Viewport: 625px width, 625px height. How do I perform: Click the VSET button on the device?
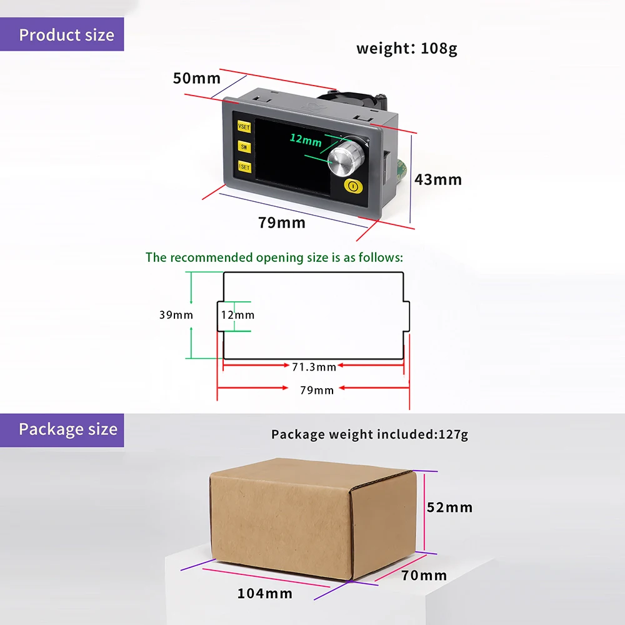point(243,127)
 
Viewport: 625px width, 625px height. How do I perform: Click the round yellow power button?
point(353,186)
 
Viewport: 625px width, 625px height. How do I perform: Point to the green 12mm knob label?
point(305,141)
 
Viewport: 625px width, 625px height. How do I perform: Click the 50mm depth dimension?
point(197,78)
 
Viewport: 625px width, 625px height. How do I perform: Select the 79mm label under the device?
point(282,222)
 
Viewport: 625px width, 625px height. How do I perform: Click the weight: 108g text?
point(407,48)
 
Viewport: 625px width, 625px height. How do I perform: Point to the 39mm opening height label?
point(176,315)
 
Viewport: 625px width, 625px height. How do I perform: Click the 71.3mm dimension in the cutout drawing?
point(314,367)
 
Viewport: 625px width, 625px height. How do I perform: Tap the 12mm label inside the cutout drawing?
point(237,315)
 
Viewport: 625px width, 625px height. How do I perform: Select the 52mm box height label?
point(449,507)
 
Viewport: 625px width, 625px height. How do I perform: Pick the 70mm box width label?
point(424,576)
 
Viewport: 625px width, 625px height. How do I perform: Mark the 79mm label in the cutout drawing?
point(317,390)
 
